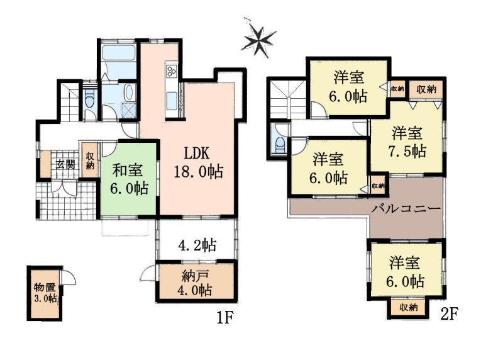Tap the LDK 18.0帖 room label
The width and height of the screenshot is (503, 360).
click(198, 162)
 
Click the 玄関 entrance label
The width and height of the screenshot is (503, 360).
click(66, 164)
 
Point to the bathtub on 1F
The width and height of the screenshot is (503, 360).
click(119, 53)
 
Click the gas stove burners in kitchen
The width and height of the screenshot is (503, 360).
click(170, 70)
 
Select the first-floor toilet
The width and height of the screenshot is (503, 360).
click(89, 99)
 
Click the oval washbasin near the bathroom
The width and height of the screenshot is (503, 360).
click(129, 93)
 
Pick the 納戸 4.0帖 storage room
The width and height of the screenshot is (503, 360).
click(197, 283)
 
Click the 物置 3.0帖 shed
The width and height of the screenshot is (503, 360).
click(45, 293)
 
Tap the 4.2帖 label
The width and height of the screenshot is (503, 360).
click(197, 245)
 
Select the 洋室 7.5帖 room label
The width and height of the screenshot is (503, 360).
click(408, 142)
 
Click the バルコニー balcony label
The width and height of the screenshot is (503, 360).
click(406, 209)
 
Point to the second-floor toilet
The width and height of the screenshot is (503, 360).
click(279, 143)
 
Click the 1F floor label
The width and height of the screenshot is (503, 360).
click(224, 318)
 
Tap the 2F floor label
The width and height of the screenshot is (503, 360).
click(448, 314)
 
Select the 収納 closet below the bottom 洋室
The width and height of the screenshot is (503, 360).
click(408, 308)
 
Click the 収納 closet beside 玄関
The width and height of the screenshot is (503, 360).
click(90, 160)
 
